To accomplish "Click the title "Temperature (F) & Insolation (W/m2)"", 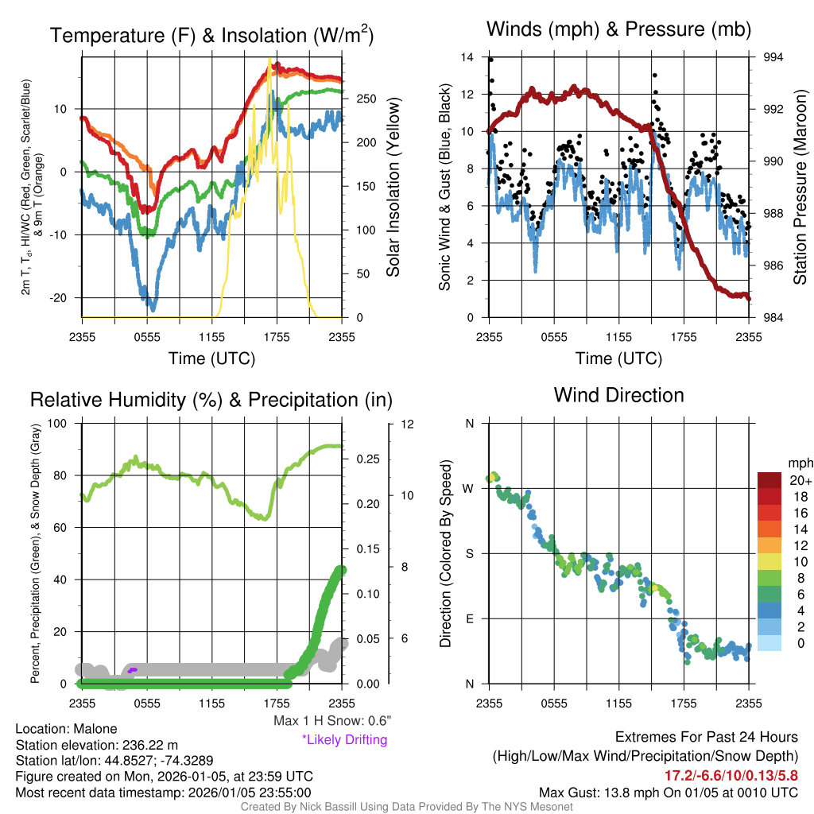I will (x=211, y=36).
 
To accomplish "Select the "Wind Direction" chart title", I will (x=618, y=395).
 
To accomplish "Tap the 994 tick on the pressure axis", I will (x=773, y=57).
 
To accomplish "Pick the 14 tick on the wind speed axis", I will (x=467, y=57).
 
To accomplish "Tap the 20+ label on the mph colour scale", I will (x=800, y=481).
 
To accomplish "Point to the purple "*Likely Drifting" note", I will (x=344, y=740).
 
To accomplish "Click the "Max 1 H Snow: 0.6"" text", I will (x=332, y=721).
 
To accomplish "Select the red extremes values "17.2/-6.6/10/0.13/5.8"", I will (x=731, y=774).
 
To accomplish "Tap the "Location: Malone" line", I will (x=66, y=729).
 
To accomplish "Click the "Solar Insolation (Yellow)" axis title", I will (x=393, y=187).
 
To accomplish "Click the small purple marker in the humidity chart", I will (x=132, y=670).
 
